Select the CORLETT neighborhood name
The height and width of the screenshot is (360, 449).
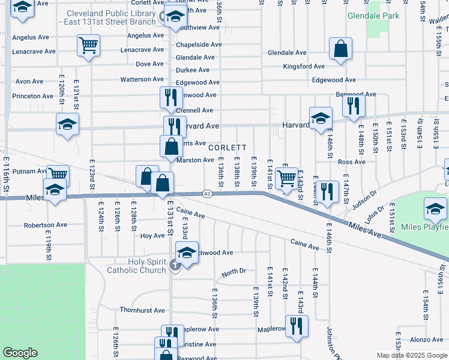click(228, 148)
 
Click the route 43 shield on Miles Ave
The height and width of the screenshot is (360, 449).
click(207, 193)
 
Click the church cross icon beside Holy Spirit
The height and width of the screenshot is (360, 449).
click(175, 265)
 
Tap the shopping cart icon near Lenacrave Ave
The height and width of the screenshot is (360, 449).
click(89, 45)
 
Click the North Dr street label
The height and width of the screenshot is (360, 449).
click(234, 272)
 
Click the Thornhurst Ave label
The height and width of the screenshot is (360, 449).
click(142, 310)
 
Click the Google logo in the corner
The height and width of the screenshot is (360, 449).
click(20, 353)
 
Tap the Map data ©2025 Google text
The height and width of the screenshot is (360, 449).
click(411, 355)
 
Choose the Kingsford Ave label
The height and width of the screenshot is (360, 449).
click(304, 66)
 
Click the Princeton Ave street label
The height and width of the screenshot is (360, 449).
click(34, 96)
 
